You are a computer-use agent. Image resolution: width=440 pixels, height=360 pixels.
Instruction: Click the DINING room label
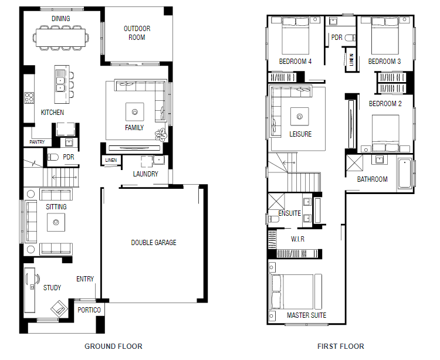pos(60,19)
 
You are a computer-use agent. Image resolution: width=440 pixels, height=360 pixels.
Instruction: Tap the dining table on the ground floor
pos(60,38)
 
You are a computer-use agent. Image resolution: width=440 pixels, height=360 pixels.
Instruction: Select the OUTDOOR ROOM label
pos(137,33)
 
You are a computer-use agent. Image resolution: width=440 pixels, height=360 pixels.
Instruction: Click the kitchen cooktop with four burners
pos(29,97)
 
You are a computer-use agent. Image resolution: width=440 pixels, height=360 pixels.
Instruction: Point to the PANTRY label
pos(37,142)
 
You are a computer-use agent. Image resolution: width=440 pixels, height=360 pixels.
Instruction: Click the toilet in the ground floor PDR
pos(53,157)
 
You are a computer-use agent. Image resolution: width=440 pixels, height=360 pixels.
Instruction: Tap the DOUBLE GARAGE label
pos(154,243)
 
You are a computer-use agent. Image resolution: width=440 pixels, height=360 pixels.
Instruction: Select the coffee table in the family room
pos(135,112)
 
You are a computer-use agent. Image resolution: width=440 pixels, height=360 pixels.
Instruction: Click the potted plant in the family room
pos(161,135)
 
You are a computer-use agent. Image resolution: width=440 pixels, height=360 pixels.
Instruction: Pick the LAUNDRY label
pos(145,174)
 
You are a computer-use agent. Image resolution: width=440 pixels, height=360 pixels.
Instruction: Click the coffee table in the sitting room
pos(56,222)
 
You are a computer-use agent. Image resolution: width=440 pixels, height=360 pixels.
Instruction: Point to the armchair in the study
pos(59,308)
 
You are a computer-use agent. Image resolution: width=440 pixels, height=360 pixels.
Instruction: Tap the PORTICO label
pos(89,310)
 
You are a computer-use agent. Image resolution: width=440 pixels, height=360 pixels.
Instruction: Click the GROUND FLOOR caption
pos(113,347)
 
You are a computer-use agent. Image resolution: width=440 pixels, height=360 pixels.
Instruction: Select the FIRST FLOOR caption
pos(341,347)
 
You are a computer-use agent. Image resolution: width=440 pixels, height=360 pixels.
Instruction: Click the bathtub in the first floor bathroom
pos(405,174)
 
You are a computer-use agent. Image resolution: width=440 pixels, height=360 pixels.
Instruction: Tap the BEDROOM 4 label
pos(295,62)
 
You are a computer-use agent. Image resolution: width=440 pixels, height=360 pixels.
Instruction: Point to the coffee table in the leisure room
pos(300,116)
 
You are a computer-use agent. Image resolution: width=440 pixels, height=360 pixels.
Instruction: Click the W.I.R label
pos(297,239)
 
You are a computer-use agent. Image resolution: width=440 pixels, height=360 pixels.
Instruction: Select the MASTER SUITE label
pos(306,315)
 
